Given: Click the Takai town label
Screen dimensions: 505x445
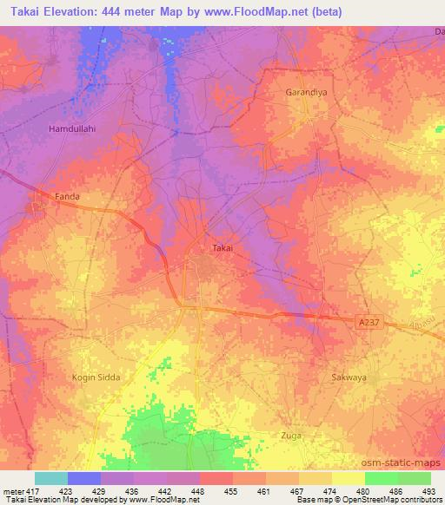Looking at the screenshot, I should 222,248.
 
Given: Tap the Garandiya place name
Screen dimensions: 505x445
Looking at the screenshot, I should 305,91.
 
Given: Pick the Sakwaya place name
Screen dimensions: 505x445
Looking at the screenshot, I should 349,377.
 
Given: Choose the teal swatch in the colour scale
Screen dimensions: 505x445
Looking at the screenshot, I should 51,478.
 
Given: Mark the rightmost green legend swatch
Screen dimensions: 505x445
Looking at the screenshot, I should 415,478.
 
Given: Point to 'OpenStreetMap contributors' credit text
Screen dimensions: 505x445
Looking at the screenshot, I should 391,500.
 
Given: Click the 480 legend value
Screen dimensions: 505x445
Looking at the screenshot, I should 365,490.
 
